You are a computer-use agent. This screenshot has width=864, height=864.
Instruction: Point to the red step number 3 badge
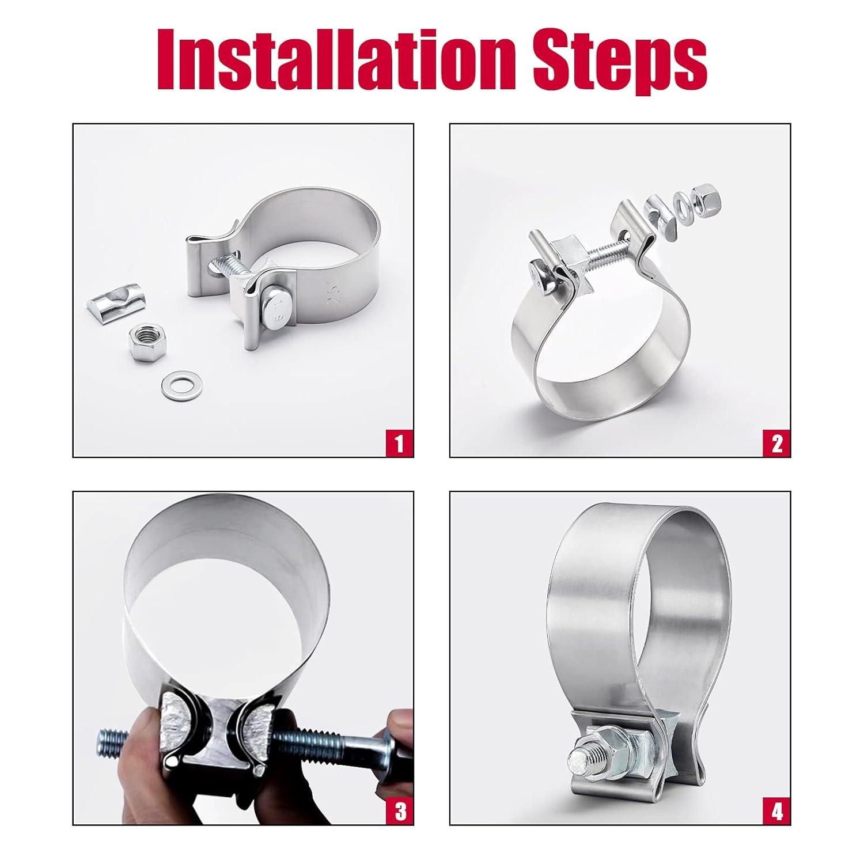400,810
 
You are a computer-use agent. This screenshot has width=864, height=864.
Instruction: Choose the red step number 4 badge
776,810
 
